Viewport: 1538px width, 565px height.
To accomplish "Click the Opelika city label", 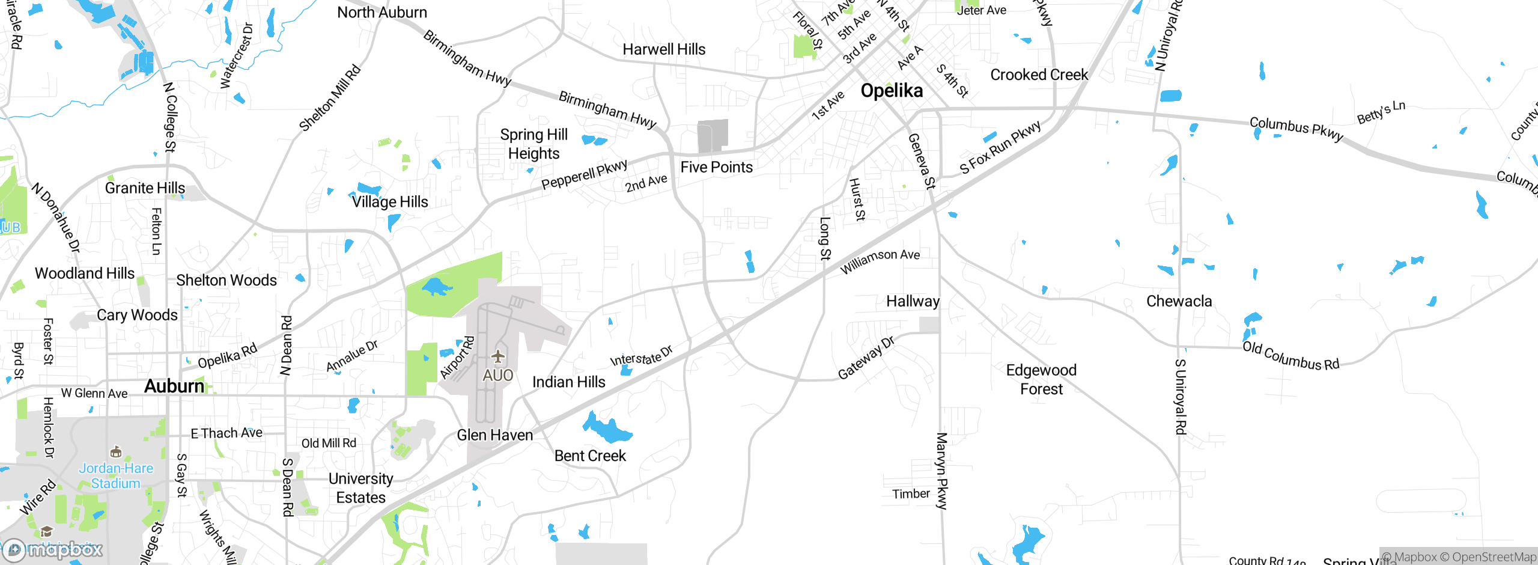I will [892, 91].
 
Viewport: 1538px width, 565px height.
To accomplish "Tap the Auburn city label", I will [174, 386].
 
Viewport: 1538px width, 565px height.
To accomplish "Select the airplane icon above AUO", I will [497, 356].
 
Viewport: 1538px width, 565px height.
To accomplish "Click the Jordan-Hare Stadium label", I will [116, 475].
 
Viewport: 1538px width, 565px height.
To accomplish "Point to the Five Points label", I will [716, 167].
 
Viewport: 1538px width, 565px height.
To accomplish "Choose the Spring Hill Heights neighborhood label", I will [533, 144].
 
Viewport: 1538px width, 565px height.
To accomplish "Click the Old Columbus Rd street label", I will [1290, 356].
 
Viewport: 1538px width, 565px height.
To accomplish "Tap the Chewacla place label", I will [1179, 301].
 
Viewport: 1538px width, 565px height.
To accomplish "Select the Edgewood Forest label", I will [1041, 379].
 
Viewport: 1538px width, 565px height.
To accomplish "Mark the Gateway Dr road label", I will [866, 358].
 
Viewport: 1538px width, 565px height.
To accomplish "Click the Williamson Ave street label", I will [880, 261].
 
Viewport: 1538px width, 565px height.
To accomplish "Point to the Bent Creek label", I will [590, 456].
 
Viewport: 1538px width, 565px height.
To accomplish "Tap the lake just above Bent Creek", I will [607, 429].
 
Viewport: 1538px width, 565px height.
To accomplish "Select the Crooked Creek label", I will [1039, 75].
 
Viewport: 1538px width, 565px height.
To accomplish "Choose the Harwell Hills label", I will [664, 49].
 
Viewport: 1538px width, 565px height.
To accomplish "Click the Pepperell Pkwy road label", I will [584, 174].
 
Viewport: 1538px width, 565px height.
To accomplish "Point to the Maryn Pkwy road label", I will [941, 471].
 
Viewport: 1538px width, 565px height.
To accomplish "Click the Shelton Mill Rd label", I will [330, 98].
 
